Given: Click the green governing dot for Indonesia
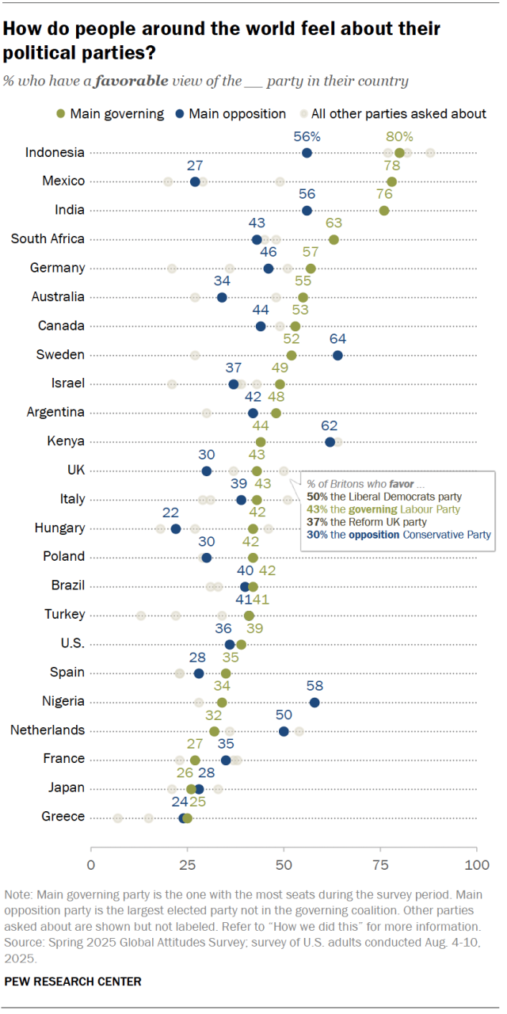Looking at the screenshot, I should tap(399, 153).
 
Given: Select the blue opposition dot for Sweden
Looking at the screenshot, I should tap(337, 355).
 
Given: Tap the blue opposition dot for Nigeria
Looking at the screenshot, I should tap(314, 702).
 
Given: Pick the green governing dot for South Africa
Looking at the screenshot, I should tap(334, 239).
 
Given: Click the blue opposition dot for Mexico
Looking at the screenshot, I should tap(195, 181).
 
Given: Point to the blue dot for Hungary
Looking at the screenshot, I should tap(176, 528).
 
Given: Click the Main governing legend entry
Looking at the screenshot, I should tap(112, 113).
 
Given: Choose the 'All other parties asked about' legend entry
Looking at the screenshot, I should tap(393, 113).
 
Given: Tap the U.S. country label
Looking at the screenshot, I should tap(71, 643).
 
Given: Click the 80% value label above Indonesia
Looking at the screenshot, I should tap(399, 136).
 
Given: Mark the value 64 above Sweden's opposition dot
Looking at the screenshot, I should tap(337, 338).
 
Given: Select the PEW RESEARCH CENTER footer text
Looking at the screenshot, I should tap(73, 982).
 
